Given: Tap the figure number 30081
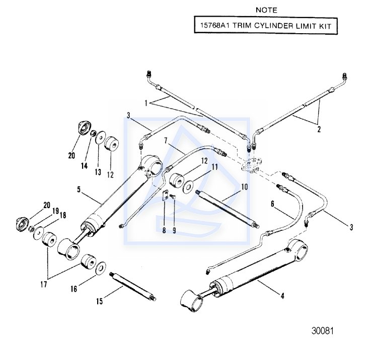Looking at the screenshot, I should [322, 331].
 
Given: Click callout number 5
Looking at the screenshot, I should [79, 190].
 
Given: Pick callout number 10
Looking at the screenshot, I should [245, 187].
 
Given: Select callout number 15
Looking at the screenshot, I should [99, 302].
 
